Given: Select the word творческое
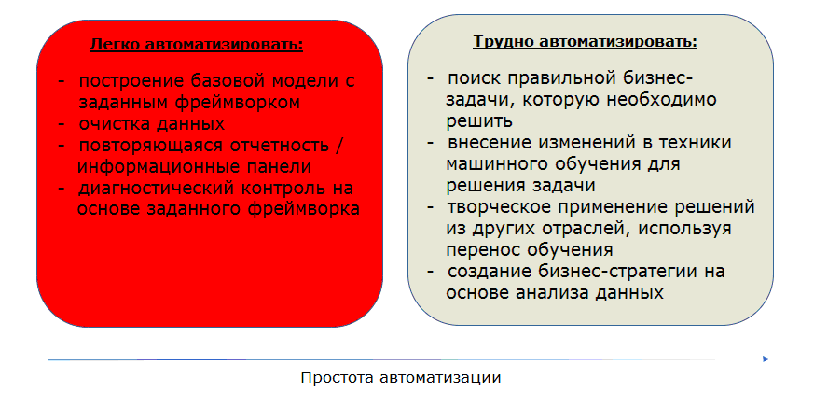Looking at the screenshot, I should coord(497,206).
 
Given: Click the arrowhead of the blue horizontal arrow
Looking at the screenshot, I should coord(766,359).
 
